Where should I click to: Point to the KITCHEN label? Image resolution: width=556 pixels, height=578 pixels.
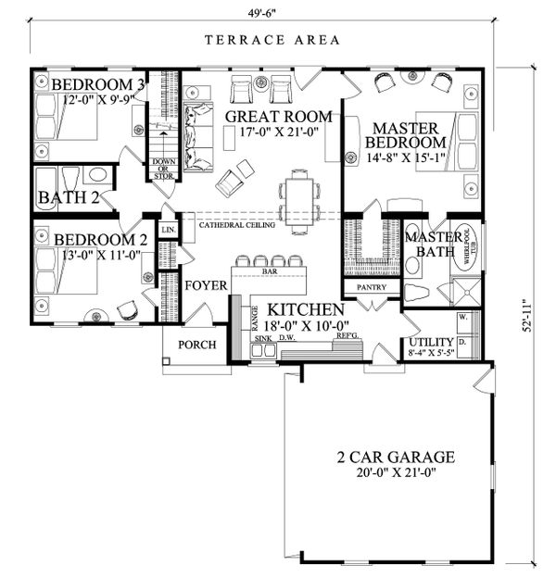(306, 309)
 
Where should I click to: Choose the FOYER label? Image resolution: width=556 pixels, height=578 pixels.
(204, 286)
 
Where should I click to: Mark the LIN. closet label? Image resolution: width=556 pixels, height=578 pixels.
(169, 229)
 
